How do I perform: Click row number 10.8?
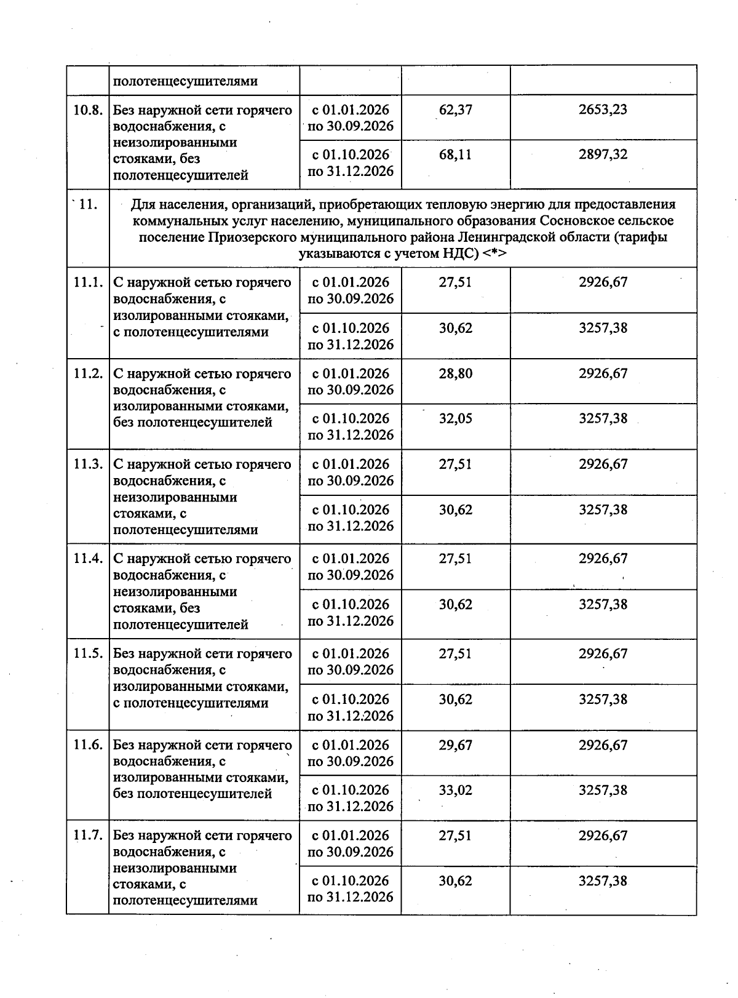87,110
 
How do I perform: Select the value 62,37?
456,110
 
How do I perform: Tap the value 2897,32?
603,154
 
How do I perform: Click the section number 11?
87,204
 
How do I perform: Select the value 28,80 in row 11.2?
456,373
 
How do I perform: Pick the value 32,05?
456,418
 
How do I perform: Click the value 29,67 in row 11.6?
456,745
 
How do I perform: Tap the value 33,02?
456,790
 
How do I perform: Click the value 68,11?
456,154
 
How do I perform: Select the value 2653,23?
603,110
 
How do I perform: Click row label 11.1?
87,282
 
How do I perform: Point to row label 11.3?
87,465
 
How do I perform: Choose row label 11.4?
87,559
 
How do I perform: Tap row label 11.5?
87,653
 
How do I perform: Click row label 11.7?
87,836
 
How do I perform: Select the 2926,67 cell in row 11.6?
603,745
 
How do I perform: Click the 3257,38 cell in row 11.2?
603,418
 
